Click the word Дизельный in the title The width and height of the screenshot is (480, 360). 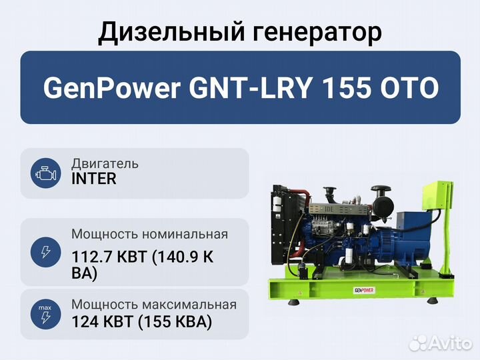171,32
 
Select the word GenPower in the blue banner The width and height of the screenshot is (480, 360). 112,88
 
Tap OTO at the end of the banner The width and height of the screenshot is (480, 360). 409,88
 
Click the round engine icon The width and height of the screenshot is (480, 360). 45,173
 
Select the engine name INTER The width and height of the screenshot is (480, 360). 94,179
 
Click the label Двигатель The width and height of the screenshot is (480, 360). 105,164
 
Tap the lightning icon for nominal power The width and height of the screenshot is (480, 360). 45,252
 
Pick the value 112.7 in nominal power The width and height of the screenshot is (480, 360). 91,257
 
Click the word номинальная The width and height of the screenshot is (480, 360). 185,234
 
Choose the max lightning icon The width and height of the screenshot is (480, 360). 45,314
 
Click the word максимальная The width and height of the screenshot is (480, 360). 189,305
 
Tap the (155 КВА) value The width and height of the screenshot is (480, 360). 175,322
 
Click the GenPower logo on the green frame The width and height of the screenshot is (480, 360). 364,290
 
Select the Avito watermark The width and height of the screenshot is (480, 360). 441,343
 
